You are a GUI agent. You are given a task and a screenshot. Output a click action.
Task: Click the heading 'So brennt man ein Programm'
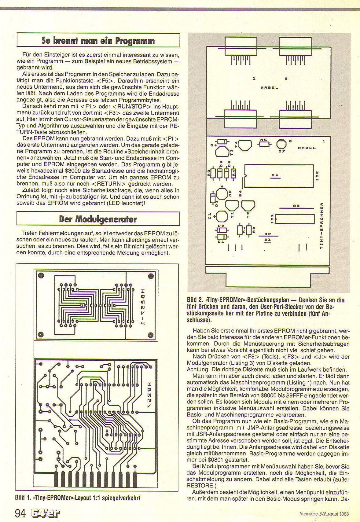(x=98, y=40)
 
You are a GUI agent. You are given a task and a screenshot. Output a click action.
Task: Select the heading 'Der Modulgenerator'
(x=98, y=219)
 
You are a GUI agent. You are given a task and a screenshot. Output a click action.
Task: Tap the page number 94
(x=20, y=513)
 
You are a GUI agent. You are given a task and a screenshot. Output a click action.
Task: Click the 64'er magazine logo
(x=46, y=513)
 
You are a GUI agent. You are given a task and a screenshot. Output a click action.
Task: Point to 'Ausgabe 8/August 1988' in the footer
(x=324, y=514)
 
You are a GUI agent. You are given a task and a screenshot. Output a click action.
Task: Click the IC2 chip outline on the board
(x=279, y=175)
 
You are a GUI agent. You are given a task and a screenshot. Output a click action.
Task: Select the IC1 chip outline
(x=295, y=219)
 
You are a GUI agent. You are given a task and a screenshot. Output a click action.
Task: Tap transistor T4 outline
(x=245, y=145)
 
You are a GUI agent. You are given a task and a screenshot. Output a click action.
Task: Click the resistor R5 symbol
(x=264, y=144)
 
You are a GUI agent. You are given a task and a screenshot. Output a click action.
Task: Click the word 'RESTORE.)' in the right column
(x=200, y=485)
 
